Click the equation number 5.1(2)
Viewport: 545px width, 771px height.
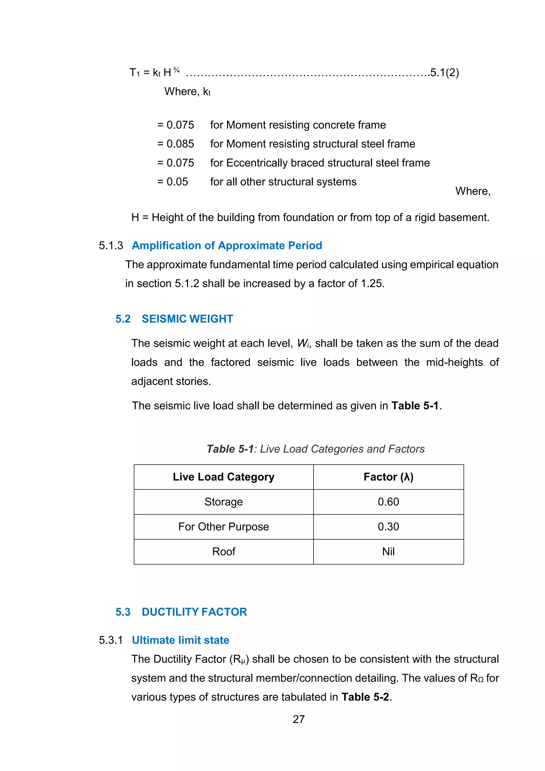[x=444, y=72]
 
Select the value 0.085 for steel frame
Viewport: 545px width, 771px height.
[x=180, y=144]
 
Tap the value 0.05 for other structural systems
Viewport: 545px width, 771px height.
[x=177, y=182]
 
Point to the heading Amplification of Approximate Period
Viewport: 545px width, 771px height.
[x=226, y=245]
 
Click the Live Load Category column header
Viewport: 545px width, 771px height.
[x=224, y=477]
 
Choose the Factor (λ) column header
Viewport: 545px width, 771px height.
[x=388, y=477]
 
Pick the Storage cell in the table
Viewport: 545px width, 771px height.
[x=224, y=502]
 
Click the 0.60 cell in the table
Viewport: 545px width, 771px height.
[x=388, y=502]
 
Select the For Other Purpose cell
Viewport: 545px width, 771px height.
[x=224, y=527]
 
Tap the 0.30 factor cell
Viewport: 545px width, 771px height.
[x=388, y=527]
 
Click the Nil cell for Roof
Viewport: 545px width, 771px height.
[x=388, y=551]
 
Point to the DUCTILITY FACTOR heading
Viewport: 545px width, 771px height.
[x=194, y=612]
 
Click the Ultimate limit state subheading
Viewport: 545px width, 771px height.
[x=180, y=640]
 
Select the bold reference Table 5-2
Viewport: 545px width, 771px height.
[x=365, y=697]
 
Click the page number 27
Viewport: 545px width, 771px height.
[x=299, y=719]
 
